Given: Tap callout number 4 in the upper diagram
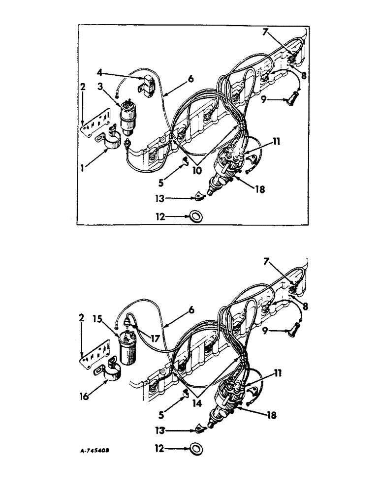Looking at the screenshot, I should tap(100, 73).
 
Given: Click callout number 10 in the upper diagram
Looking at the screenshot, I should tap(197, 171).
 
